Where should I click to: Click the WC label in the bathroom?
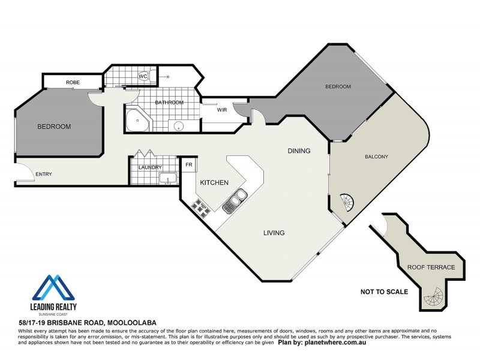click(x=143, y=76)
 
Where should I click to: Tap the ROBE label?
click(x=73, y=82)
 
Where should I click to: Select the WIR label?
click(x=221, y=110)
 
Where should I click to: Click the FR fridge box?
click(x=188, y=164)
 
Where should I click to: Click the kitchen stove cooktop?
click(x=199, y=207)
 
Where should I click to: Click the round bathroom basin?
click(x=177, y=125)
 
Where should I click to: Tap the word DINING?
click(x=299, y=151)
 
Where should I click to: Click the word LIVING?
click(x=273, y=233)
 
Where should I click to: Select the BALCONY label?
click(x=377, y=157)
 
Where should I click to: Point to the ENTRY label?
click(x=44, y=175)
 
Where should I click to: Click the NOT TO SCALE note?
click(x=384, y=292)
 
